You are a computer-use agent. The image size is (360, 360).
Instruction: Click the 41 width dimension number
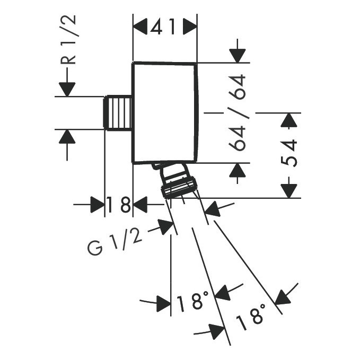pyautogui.click(x=165, y=27)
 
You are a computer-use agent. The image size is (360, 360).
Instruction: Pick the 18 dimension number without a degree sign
pyautogui.click(x=118, y=204)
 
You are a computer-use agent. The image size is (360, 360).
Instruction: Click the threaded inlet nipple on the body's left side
pyautogui.click(x=118, y=113)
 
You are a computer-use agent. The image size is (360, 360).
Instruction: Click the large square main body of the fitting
pyautogui.click(x=165, y=112)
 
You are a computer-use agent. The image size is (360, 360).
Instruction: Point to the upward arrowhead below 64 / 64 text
pyautogui.click(x=237, y=171)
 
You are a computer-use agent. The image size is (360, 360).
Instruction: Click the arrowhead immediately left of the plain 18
pyautogui.click(x=97, y=204)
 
